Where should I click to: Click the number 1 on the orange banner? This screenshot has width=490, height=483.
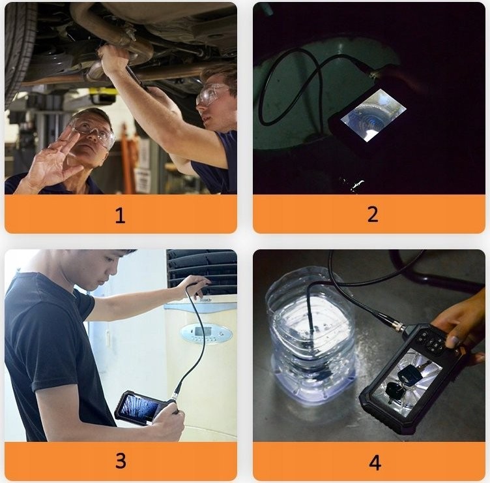pos(121,215)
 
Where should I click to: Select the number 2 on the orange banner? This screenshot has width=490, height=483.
pos(373,214)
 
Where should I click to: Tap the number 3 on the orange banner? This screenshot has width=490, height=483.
pos(121,460)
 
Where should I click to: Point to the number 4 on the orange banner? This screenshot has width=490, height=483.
pos(375,463)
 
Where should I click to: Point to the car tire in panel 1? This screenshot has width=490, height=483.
pos(19,50)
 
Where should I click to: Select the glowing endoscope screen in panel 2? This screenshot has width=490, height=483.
pos(373,114)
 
